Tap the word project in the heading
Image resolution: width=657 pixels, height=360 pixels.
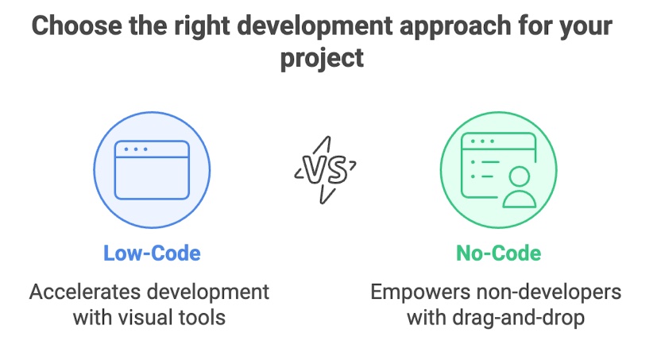pyautogui.click(x=322, y=58)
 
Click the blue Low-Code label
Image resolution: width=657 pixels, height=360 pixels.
pyautogui.click(x=152, y=254)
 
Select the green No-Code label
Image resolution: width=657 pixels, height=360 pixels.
pyautogui.click(x=498, y=254)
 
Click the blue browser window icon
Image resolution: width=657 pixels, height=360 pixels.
pyautogui.click(x=152, y=170)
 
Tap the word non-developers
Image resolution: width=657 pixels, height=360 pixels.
pyautogui.click(x=547, y=292)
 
